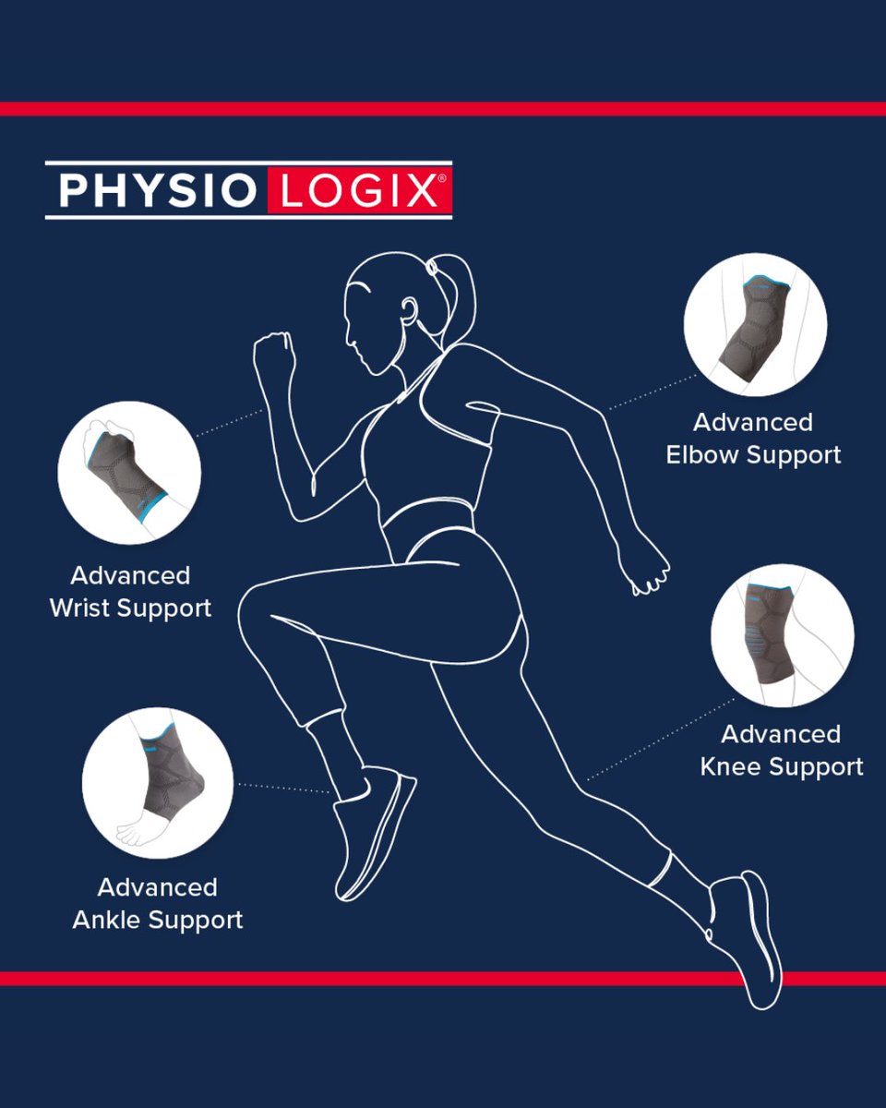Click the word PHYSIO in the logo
(x=158, y=190)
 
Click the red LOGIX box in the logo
(x=359, y=190)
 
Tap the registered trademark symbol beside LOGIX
(x=442, y=178)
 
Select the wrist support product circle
(x=129, y=473)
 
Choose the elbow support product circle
(x=755, y=324)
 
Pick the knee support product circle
(x=783, y=635)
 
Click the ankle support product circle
(x=158, y=783)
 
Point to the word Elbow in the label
(x=702, y=454)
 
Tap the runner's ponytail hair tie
(x=431, y=268)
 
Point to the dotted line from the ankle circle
(x=284, y=788)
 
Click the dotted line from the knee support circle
(x=661, y=740)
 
